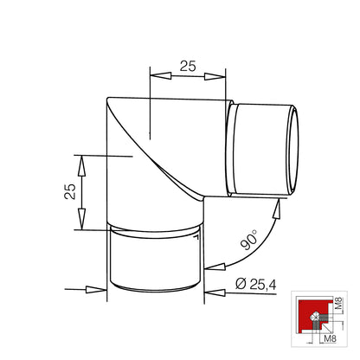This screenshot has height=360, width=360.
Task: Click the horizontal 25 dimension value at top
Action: [188, 66]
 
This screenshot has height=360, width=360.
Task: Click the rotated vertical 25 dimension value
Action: [70, 191]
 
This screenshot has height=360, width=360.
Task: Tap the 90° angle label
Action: [249, 239]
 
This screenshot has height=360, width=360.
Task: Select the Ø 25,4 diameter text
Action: [256, 284]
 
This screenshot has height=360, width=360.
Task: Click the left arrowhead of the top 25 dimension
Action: [161, 75]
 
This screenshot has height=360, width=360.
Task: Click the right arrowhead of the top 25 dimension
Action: [215, 76]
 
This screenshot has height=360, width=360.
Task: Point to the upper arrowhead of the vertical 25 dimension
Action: [81, 165]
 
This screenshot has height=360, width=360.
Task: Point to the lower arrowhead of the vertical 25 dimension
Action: [81, 219]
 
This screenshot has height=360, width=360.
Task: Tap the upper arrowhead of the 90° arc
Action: [277, 209]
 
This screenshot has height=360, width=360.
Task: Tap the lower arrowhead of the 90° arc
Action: [215, 267]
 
